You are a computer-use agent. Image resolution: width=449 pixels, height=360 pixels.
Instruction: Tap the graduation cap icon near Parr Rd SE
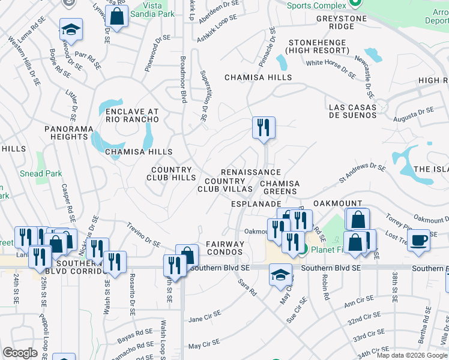71,30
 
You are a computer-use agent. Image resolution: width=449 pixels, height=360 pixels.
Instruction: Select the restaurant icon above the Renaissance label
264,128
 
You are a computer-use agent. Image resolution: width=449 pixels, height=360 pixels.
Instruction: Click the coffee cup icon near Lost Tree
418,240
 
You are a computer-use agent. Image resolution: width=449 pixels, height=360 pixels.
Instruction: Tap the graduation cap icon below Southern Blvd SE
280,275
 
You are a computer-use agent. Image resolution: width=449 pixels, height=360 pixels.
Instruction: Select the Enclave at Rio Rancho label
132,115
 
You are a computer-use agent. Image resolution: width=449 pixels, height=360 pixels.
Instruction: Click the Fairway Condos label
225,248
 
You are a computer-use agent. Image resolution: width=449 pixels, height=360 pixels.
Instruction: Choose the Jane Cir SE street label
205,316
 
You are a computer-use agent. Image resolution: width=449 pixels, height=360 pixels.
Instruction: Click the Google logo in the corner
20,353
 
